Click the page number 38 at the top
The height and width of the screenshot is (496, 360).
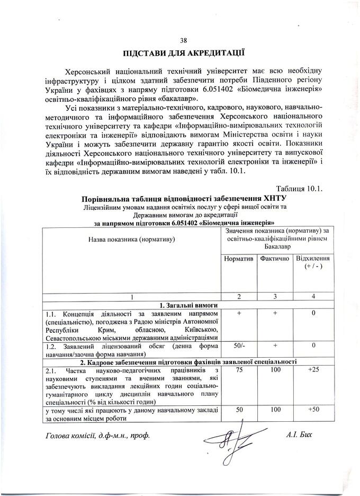184,40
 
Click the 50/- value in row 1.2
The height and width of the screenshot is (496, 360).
239,346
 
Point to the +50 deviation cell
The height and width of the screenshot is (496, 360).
313,410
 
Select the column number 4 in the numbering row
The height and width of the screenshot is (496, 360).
313,296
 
